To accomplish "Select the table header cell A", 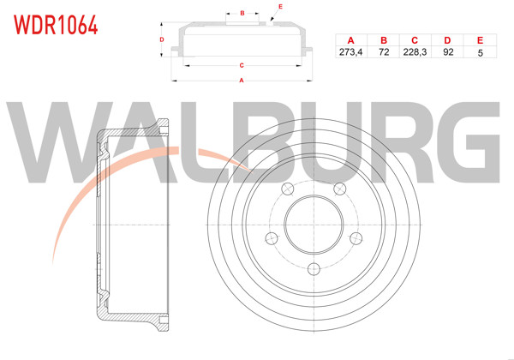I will point(350,40).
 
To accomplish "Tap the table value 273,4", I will point(350,52).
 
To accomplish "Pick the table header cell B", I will point(383,40).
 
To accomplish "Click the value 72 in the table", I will point(383,52).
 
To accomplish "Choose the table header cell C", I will point(414,40).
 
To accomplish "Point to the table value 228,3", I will point(414,52).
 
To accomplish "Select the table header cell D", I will point(447,40).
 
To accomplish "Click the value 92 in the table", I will point(447,52).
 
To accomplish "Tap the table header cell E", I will point(479,40).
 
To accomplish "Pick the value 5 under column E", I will point(479,52).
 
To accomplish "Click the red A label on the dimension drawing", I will point(242,80).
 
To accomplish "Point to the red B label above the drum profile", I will point(242,13).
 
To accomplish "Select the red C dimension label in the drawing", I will point(242,65).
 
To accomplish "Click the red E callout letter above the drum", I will point(279,6).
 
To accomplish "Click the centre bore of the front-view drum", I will point(313,225).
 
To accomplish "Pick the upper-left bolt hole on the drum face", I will point(287,189).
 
